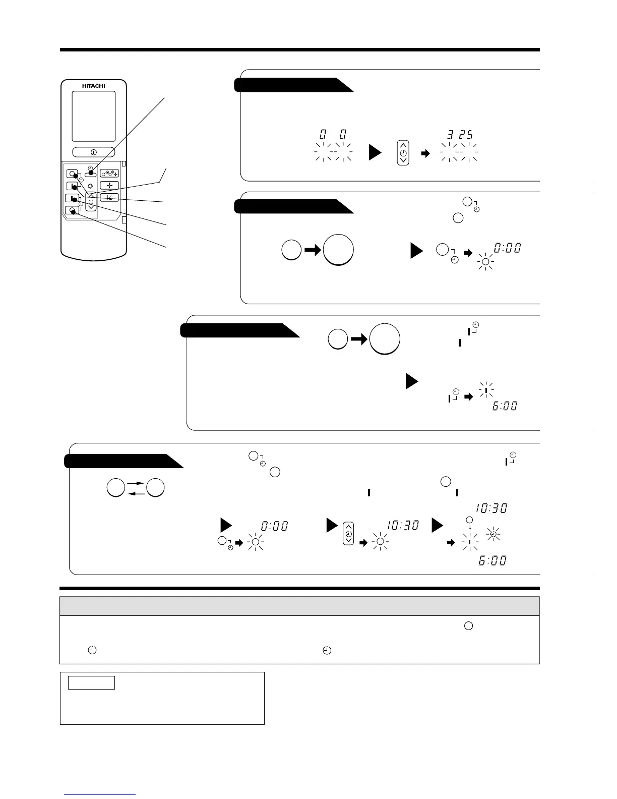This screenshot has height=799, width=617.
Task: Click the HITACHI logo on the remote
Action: pos(93,86)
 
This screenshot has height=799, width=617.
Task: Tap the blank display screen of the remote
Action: pos(93,116)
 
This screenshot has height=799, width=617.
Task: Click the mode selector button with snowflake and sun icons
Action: pos(109,174)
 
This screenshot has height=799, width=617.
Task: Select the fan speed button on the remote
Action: pos(109,186)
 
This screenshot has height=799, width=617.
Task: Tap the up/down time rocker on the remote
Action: pos(90,201)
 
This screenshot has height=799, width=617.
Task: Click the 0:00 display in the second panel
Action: pos(508,248)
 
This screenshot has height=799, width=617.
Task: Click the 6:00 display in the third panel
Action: pos(505,406)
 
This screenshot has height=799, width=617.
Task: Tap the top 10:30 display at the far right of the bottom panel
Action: pos(491,508)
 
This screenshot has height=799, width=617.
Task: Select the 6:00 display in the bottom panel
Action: pos(492,560)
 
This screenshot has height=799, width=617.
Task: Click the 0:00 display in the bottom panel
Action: pos(274,526)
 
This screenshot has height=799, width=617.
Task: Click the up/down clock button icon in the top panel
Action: pos(403,153)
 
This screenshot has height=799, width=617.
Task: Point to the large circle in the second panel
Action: pos(338,250)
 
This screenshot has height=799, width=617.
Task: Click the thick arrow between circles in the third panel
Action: pos(358,340)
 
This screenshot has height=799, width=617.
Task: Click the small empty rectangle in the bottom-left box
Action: pos(92,683)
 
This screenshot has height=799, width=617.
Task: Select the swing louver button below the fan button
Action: pos(109,197)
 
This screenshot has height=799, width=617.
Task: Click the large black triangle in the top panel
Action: pos(375,152)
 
